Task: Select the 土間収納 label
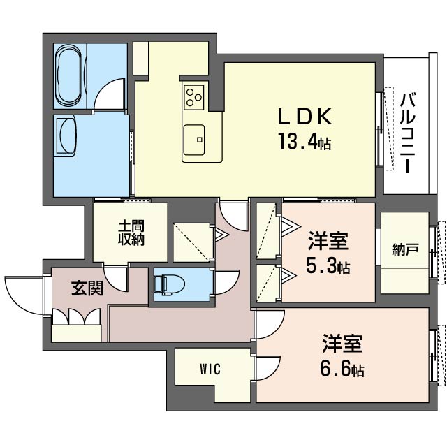131,233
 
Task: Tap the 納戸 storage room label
406,249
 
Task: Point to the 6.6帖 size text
342,368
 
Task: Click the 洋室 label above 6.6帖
342,344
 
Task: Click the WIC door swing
267,367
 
